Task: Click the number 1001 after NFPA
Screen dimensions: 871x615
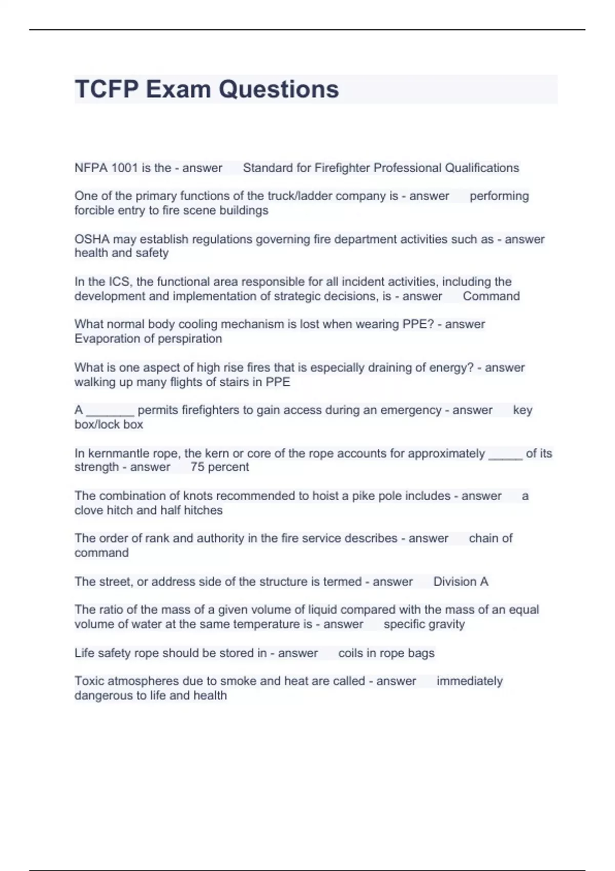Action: [x=124, y=168]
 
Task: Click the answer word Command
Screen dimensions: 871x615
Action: [x=491, y=296]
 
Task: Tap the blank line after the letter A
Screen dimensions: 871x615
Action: [x=110, y=410]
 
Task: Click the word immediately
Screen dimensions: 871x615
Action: [x=469, y=681]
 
